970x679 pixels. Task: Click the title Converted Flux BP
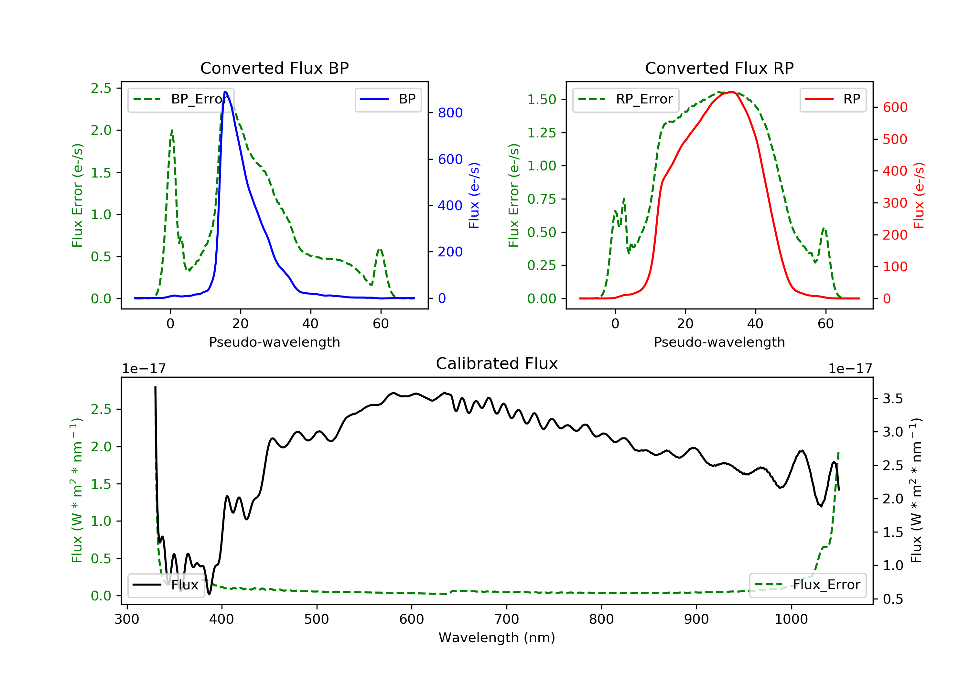tap(274, 68)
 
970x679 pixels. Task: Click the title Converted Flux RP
tap(719, 68)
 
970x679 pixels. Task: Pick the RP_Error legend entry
tap(626, 99)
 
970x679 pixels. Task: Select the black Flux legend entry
tap(166, 585)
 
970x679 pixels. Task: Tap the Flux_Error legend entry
tap(808, 585)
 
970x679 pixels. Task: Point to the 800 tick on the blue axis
tap(450, 113)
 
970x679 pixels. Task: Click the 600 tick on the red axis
tap(895, 107)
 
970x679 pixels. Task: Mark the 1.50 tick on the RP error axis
tap(542, 100)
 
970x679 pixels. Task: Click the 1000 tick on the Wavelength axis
tap(791, 620)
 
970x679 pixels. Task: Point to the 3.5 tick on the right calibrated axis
tap(893, 398)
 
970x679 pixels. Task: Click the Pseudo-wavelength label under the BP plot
tap(274, 342)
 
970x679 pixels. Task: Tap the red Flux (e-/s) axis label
tap(919, 195)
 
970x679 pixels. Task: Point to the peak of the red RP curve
tap(732, 92)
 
